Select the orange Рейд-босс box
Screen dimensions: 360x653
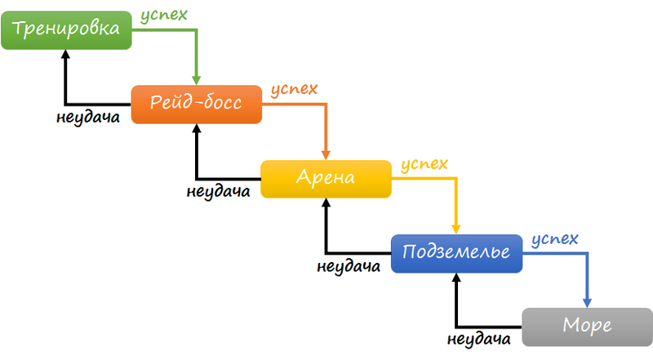point(196,104)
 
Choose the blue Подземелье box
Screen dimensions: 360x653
point(456,253)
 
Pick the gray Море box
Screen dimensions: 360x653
point(587,327)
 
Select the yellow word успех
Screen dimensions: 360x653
point(423,164)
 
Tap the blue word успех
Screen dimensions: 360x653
point(553,239)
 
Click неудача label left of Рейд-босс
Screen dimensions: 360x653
point(89,116)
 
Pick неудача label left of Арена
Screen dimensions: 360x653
point(217,192)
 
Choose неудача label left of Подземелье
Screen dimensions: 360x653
point(348,266)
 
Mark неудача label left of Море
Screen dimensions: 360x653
point(479,339)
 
